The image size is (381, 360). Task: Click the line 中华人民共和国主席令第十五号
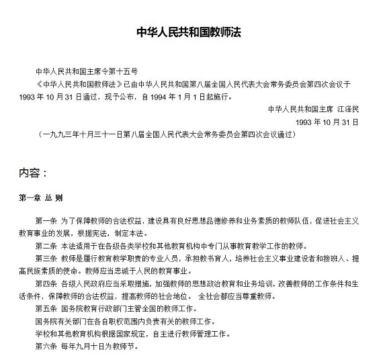click(87, 71)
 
